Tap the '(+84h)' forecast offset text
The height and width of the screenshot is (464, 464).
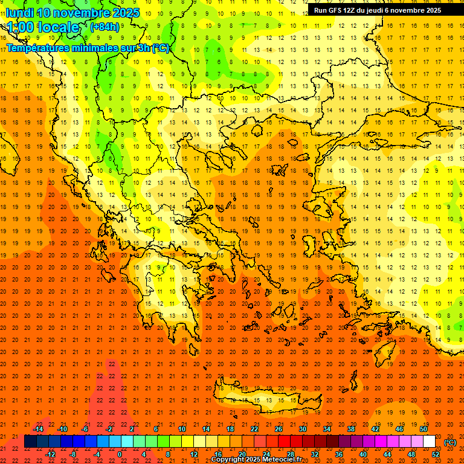pos(104,27)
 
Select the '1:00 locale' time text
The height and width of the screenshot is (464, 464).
pos(43,27)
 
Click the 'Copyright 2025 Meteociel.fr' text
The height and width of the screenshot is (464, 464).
pos(256,460)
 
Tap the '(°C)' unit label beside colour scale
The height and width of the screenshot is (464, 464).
pos(450,442)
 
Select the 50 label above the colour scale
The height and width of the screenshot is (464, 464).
pos(424,429)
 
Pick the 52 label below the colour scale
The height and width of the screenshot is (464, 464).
pos(435,454)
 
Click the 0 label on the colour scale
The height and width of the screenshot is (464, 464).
pos(120,454)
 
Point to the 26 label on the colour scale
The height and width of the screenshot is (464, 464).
pos(279,429)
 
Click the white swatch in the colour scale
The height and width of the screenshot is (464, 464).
pos(429,442)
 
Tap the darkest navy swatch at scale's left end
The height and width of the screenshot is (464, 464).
pos(31,442)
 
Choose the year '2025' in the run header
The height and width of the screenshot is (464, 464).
pos(431,10)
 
